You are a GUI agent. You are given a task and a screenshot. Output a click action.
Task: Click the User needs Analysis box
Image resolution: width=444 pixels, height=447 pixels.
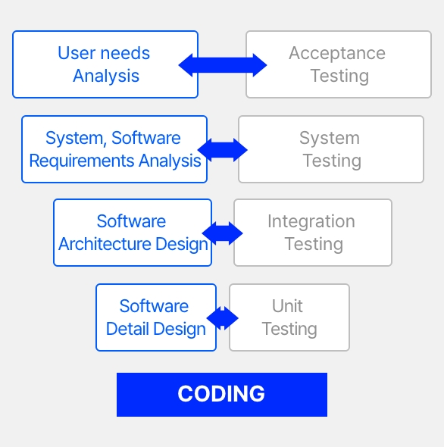[x=105, y=64]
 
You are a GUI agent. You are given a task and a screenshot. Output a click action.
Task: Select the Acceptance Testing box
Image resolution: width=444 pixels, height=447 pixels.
[x=339, y=64]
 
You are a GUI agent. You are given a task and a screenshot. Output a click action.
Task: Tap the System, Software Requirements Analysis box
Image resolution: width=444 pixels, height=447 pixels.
[x=114, y=149]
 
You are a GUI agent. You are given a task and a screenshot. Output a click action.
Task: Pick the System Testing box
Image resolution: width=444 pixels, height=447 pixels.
[x=331, y=149]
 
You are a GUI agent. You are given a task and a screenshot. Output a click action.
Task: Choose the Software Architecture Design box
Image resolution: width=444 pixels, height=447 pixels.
[x=133, y=233]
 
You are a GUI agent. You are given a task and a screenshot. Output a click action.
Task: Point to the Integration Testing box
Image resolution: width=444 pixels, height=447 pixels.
[x=313, y=233]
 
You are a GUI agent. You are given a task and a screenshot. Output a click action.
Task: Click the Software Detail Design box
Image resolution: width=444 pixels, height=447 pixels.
[x=156, y=317]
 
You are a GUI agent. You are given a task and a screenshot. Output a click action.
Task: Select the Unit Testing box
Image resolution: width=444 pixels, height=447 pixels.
[x=289, y=317]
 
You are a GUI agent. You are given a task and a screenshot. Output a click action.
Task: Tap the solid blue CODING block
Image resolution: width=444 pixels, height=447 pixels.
[x=222, y=395]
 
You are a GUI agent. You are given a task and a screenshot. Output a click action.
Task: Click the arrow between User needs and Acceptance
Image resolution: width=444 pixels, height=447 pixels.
[x=223, y=65]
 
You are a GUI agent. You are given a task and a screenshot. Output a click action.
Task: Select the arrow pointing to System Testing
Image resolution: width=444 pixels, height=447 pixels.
[x=223, y=150]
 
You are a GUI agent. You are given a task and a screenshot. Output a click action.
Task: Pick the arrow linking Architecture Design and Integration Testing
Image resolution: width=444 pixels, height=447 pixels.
[x=223, y=233]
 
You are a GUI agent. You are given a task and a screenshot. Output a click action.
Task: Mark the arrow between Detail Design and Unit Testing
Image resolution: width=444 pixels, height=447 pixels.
[x=223, y=318]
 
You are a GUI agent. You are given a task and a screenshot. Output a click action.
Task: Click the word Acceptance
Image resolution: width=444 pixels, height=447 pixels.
[x=337, y=53]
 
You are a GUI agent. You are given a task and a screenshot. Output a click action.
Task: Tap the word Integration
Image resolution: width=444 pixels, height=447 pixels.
[x=311, y=221]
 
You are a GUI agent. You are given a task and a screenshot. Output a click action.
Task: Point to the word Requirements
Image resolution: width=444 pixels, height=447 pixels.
[x=82, y=161]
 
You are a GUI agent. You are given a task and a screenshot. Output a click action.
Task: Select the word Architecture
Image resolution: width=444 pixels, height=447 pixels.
[x=105, y=244]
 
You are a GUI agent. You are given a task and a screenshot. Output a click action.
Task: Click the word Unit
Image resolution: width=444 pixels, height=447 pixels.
[x=287, y=306]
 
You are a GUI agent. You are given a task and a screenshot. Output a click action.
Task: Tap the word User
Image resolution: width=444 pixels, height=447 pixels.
[x=77, y=53]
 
